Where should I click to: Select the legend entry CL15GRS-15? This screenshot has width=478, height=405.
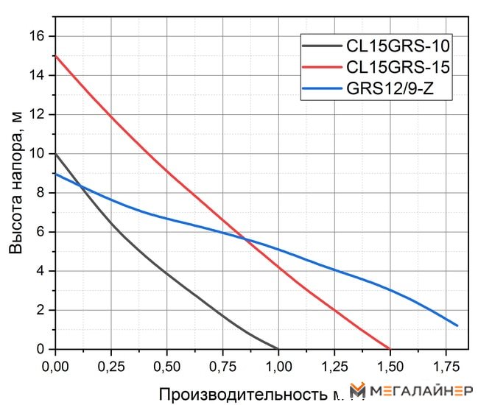click(x=398, y=67)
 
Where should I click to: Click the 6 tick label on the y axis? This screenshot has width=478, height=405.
click(x=41, y=232)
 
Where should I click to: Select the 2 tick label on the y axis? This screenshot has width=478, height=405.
click(x=41, y=310)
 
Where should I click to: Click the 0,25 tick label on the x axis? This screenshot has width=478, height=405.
click(x=111, y=364)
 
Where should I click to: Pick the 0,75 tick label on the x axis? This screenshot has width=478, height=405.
click(x=222, y=364)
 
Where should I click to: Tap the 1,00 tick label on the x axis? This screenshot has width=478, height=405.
click(x=278, y=364)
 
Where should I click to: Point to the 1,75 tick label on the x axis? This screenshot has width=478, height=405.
click(x=445, y=364)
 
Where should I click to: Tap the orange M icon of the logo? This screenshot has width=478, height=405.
click(x=358, y=391)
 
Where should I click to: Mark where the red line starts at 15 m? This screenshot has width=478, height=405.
click(x=56, y=56)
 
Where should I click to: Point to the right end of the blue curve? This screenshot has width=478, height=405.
click(x=457, y=325)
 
